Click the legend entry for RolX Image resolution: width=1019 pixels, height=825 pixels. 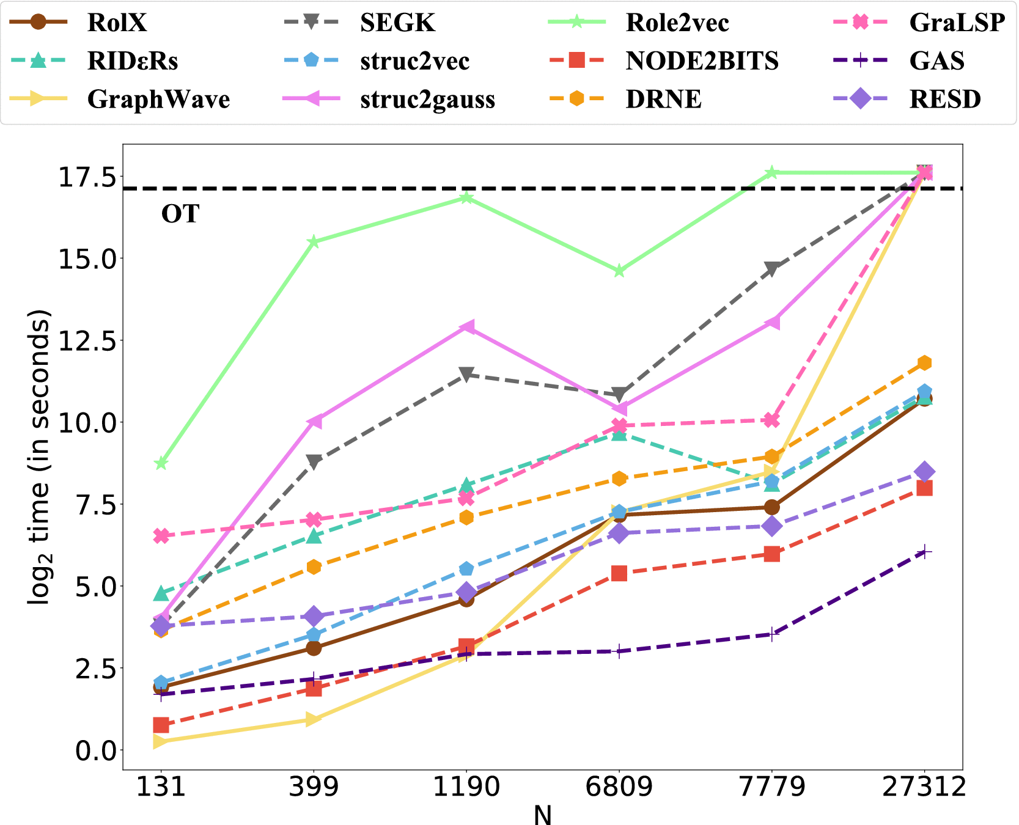[x=117, y=23]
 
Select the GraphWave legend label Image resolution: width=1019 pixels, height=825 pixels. [x=158, y=99]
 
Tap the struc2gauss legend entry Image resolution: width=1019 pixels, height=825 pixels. [x=427, y=99]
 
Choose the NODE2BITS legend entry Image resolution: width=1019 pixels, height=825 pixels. [x=702, y=61]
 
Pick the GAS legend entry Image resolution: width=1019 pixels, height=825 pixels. [x=936, y=61]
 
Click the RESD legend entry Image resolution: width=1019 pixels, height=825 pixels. [x=945, y=99]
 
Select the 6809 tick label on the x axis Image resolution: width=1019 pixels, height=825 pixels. [x=619, y=787]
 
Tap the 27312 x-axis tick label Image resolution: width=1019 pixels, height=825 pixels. [x=924, y=787]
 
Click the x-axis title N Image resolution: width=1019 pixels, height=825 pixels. [x=542, y=815]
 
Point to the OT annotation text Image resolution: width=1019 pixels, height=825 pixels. [x=180, y=214]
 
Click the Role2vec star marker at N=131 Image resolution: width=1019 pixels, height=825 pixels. [x=161, y=463]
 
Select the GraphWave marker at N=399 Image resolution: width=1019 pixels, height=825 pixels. [x=314, y=719]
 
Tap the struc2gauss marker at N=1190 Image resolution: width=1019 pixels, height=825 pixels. [x=467, y=327]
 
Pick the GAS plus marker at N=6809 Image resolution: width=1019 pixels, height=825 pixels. [x=619, y=651]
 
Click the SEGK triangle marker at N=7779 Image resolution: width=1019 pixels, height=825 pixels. [x=771, y=269]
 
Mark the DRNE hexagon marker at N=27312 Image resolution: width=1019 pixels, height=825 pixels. [x=924, y=363]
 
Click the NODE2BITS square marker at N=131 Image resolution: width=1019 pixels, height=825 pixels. [x=161, y=725]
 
